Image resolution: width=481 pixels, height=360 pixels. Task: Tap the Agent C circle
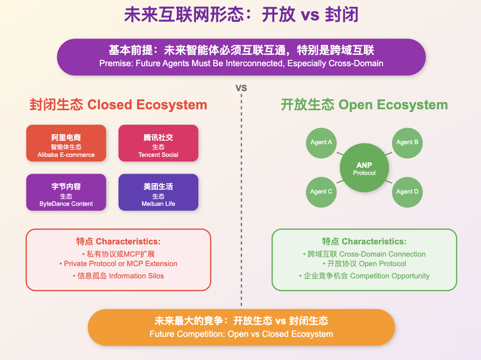321,192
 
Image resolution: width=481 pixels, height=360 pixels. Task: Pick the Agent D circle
407,192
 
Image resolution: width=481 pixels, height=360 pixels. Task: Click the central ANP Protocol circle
364,168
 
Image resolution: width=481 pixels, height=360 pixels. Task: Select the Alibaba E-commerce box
66,143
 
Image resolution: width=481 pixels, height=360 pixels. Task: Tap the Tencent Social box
158,143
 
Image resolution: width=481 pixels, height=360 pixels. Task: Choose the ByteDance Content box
66,192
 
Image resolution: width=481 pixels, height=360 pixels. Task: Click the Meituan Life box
158,192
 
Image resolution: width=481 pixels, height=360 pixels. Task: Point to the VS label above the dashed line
241,88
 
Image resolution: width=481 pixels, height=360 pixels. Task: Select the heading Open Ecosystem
393,105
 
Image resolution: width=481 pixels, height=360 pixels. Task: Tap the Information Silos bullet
118,276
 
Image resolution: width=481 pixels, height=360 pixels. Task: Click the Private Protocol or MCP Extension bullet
118,264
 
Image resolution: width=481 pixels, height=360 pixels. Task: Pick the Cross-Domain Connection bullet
364,254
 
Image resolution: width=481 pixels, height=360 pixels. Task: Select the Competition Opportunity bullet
364,276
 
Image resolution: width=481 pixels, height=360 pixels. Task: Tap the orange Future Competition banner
241,327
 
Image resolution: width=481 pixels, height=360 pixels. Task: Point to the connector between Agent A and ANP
340,154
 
